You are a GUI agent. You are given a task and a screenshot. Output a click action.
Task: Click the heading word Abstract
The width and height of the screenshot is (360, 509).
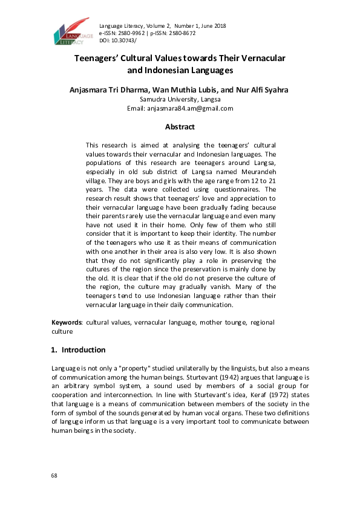tap(180, 127)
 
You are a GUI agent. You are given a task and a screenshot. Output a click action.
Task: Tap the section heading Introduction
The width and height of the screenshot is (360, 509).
tap(83, 350)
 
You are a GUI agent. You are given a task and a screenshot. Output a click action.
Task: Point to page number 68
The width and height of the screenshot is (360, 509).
tap(54, 476)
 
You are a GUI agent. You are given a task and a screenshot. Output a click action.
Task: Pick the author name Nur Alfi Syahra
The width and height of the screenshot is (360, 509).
tap(260, 90)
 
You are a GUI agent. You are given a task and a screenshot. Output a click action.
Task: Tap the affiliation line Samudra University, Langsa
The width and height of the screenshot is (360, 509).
tap(180, 99)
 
